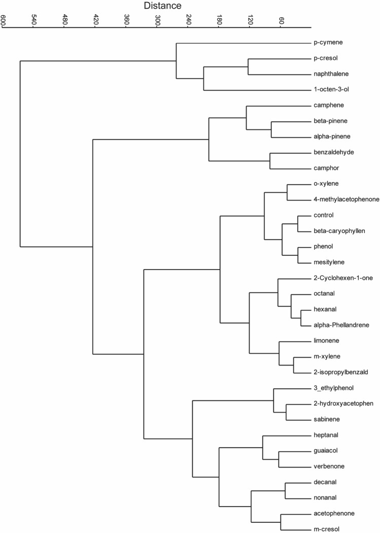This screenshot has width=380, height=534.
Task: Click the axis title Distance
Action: tap(162, 6)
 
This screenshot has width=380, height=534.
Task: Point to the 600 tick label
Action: tap(4, 20)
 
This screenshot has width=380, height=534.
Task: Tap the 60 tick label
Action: tap(281, 20)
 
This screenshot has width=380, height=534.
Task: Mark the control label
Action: tap(324, 215)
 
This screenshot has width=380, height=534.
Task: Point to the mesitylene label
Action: tap(329, 262)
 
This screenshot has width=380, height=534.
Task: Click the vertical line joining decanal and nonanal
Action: tap(285, 490)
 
